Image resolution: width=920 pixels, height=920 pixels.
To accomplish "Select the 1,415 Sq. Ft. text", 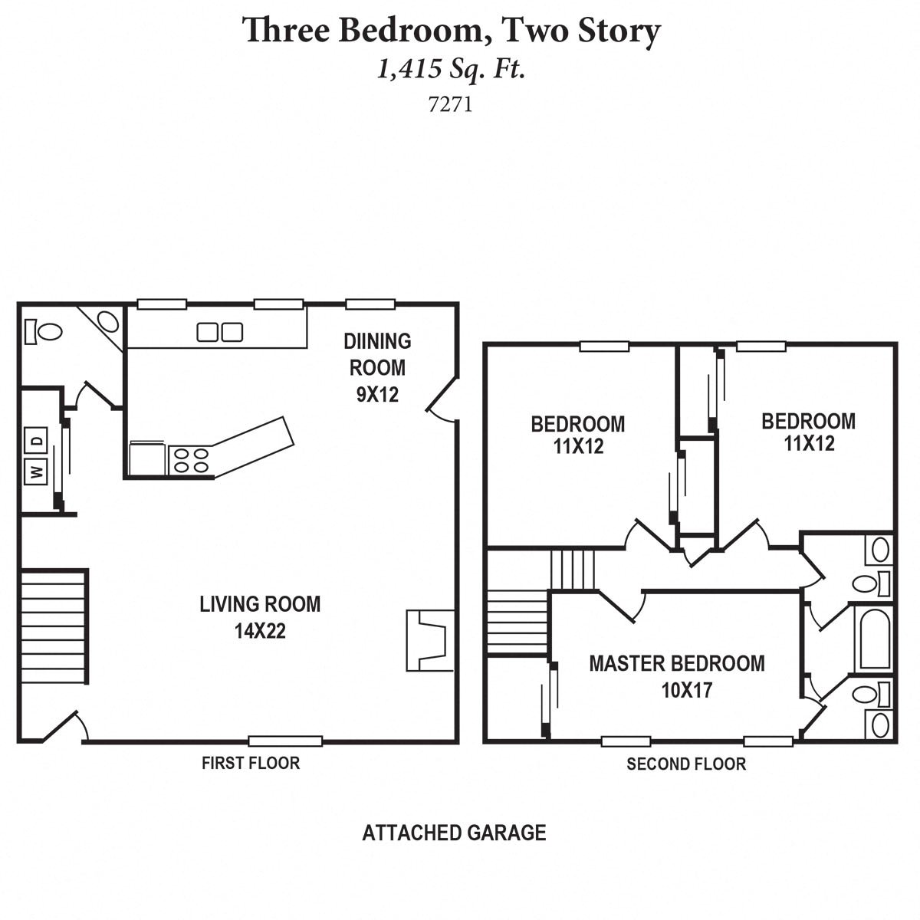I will pyautogui.click(x=451, y=71).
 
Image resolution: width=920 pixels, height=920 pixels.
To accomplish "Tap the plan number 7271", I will pyautogui.click(x=450, y=104).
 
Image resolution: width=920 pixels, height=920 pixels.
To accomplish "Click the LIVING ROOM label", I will pyautogui.click(x=260, y=604).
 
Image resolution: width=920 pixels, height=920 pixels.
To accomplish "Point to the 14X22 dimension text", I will pyautogui.click(x=260, y=631).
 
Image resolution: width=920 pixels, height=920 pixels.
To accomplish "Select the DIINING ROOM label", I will pyautogui.click(x=377, y=354).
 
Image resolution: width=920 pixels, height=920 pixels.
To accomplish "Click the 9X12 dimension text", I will pyautogui.click(x=377, y=395).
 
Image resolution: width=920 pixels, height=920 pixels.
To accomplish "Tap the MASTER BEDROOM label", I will pyautogui.click(x=676, y=663).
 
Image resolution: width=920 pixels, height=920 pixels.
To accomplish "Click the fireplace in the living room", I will pyautogui.click(x=429, y=640).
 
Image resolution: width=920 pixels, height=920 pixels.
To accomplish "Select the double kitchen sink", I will pyautogui.click(x=220, y=332).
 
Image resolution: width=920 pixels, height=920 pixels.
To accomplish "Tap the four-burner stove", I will pyautogui.click(x=191, y=460).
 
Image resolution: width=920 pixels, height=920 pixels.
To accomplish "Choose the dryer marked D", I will pyautogui.click(x=36, y=441).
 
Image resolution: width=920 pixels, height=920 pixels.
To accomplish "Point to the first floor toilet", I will pyautogui.click(x=44, y=331).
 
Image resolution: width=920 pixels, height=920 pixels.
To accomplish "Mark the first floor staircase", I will pyautogui.click(x=54, y=626).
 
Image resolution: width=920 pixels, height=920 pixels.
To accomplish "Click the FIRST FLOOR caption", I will pyautogui.click(x=251, y=763).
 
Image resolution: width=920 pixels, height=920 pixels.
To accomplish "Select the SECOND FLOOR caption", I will pyautogui.click(x=685, y=764).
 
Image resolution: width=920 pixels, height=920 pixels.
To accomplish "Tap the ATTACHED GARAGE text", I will pyautogui.click(x=454, y=833).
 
